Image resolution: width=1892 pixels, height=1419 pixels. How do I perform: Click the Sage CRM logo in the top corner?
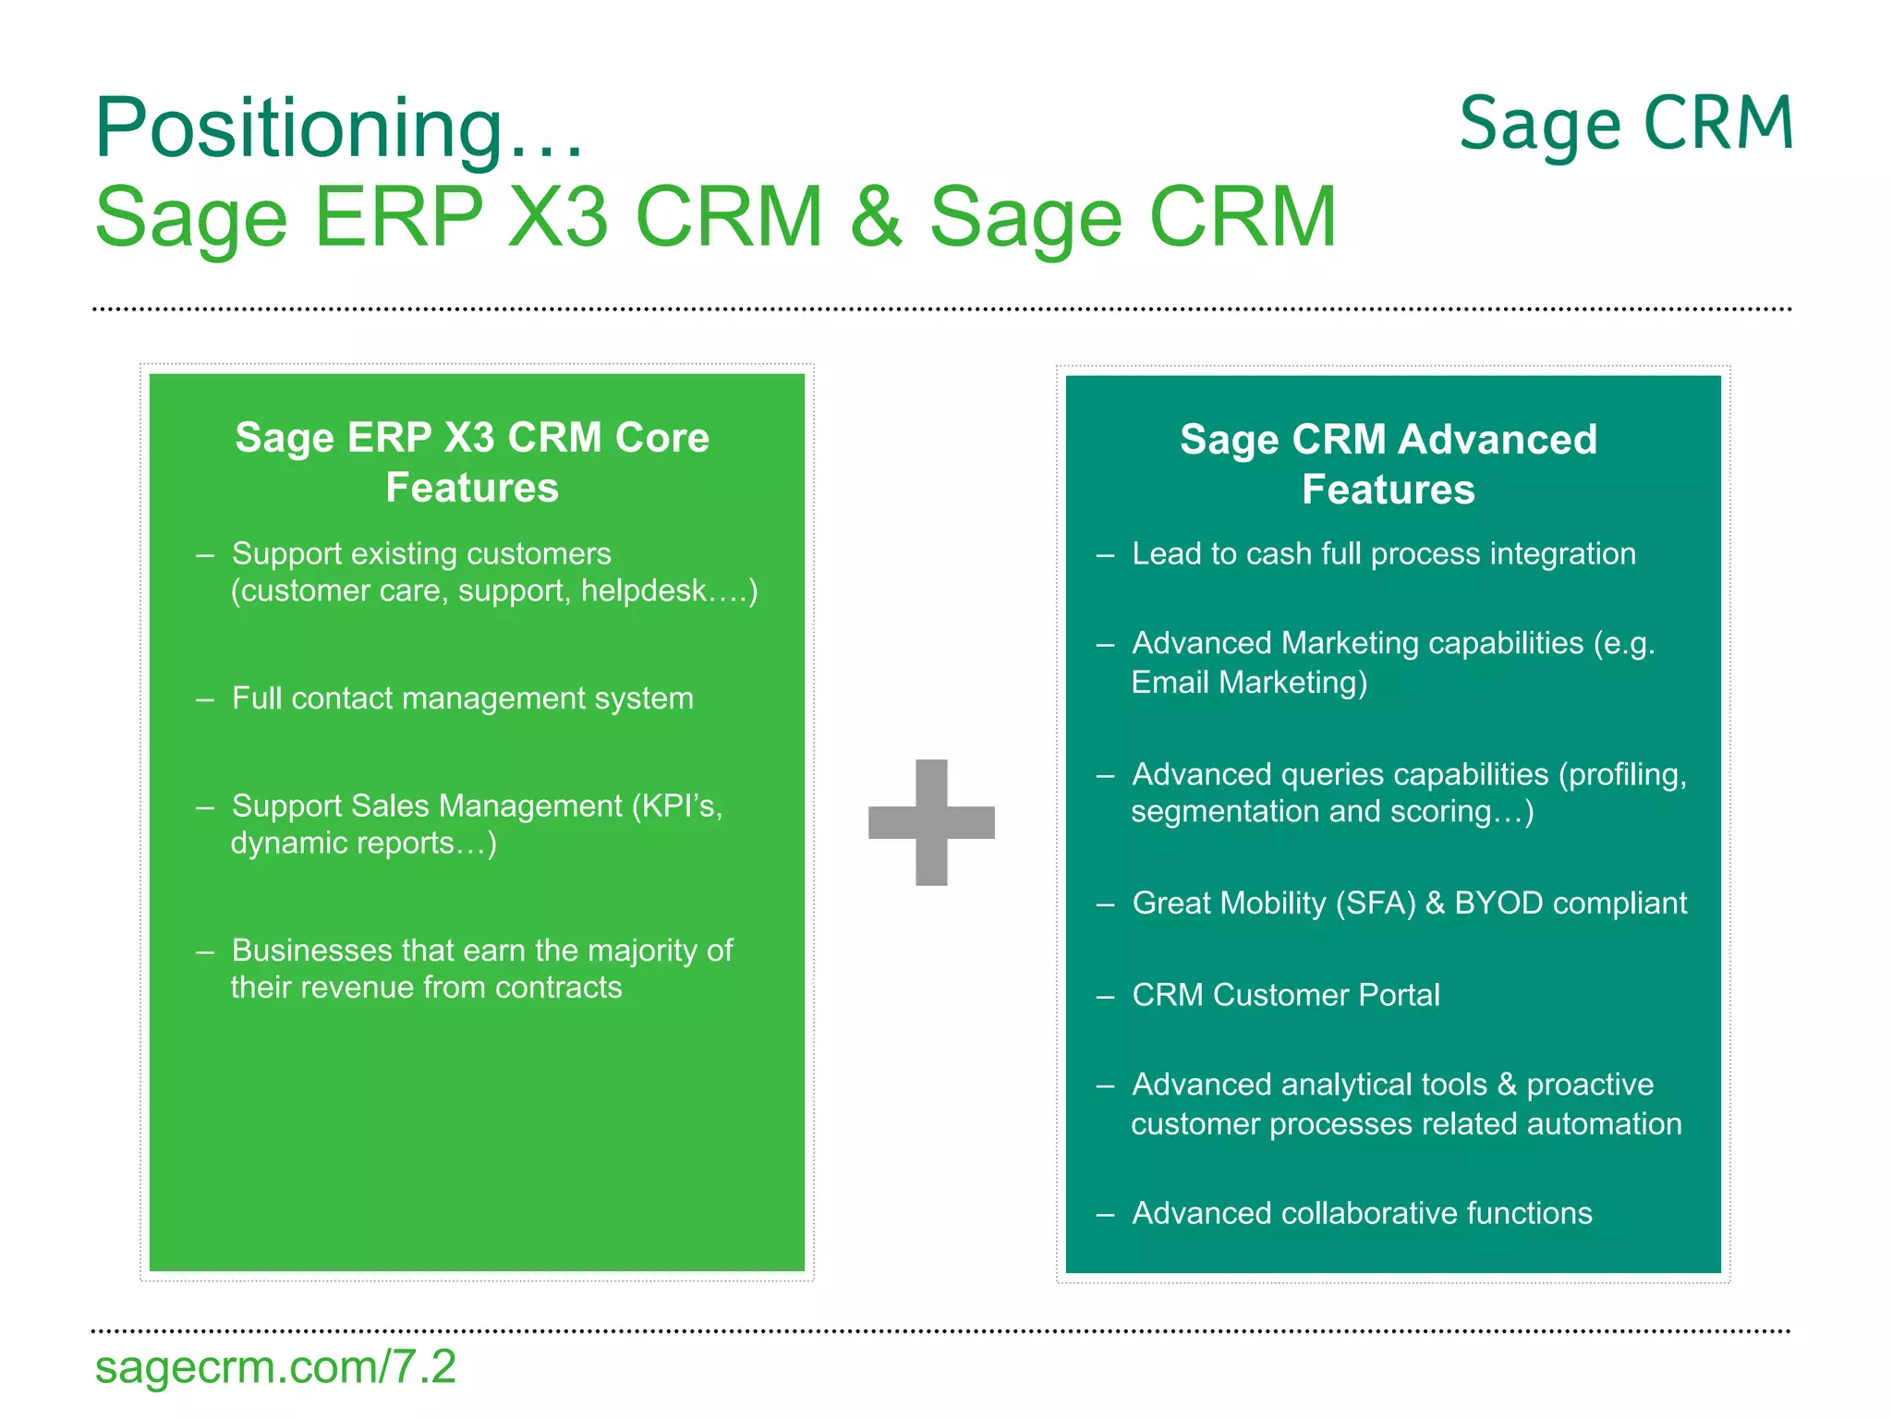click(x=1626, y=125)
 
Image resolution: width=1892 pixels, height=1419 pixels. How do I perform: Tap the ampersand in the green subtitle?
click(x=876, y=217)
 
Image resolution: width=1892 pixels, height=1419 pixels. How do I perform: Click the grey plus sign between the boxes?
click(x=931, y=822)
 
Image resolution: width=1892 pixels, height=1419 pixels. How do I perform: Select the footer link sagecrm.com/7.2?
click(x=275, y=1367)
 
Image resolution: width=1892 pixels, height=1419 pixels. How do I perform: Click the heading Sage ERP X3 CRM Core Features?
click(x=472, y=462)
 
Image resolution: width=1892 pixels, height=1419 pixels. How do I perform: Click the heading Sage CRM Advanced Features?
click(x=1388, y=464)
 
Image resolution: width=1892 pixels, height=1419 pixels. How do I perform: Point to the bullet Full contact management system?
click(x=462, y=698)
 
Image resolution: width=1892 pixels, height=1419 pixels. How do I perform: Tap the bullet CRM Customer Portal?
click(x=1285, y=995)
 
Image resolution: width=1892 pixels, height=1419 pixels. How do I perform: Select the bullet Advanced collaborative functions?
click(x=1362, y=1213)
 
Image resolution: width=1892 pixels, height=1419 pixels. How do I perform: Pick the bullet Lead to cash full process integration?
click(x=1383, y=553)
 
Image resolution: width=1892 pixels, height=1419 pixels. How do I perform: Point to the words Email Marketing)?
click(x=1249, y=683)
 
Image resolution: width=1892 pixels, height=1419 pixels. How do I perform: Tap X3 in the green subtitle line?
click(x=558, y=217)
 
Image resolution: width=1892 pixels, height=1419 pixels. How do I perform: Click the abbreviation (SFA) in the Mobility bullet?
click(x=1376, y=903)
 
